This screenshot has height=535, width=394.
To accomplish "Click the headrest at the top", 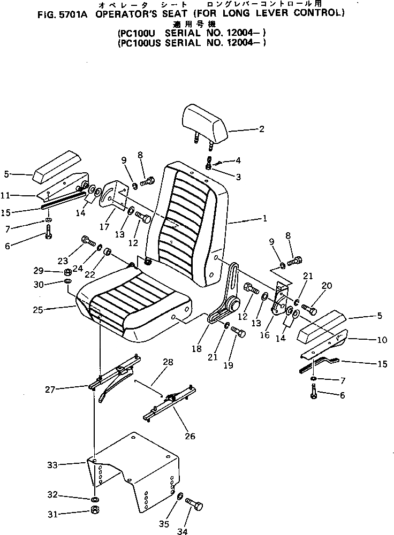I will [x=206, y=123].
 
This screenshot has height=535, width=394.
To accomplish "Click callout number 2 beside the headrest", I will [x=261, y=128].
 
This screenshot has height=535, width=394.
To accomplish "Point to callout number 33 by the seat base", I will [x=51, y=465].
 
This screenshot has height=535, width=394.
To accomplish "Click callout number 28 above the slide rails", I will [x=169, y=363].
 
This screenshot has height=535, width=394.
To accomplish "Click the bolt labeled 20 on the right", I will [x=309, y=308].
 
